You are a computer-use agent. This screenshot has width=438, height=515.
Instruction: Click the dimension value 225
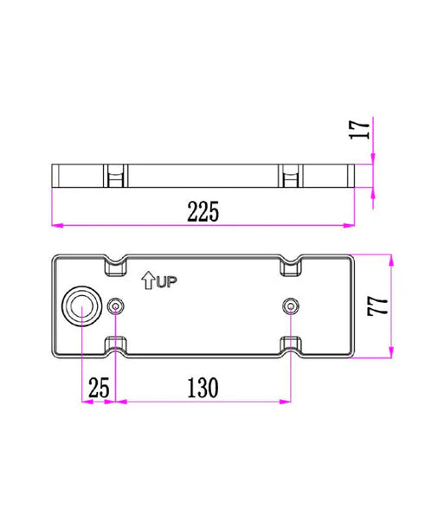click(203, 211)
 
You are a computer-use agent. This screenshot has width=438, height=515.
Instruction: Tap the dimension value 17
click(359, 130)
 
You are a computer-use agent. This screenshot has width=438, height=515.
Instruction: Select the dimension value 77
click(377, 306)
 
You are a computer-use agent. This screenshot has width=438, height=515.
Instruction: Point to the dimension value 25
click(99, 388)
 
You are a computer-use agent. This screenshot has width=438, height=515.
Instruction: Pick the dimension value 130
click(203, 388)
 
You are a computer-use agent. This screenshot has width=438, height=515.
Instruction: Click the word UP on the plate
click(166, 282)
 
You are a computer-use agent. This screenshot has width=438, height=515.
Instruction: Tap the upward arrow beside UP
click(148, 280)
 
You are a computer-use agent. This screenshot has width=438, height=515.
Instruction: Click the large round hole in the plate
click(82, 306)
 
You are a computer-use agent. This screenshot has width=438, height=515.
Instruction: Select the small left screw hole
click(116, 306)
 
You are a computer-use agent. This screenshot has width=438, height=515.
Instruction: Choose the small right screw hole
click(291, 306)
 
